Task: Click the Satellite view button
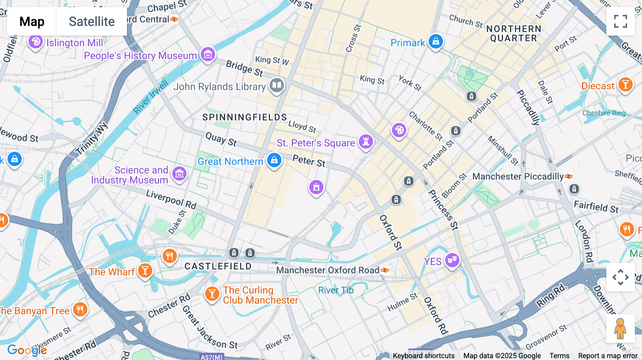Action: pos(92,22)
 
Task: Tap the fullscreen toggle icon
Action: pos(620,21)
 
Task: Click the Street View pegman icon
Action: pos(620,328)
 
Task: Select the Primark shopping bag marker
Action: pos(435,42)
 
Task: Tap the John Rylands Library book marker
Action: pos(277,85)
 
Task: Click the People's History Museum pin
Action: pos(208,55)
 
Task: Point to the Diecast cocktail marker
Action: pos(625,85)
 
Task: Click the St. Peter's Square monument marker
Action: pos(366,142)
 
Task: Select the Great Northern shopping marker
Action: pos(274,160)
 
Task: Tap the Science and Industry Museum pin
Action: pos(179,174)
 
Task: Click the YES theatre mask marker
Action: pos(452,260)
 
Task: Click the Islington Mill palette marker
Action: pos(36,42)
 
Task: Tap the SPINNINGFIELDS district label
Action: pos(245,117)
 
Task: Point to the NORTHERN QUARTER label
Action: pos(514,34)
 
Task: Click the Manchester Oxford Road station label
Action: pos(328,270)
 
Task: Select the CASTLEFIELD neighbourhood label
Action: pos(218,266)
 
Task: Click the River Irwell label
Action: pos(151,97)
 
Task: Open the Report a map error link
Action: pos(608,356)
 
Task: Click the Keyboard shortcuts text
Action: pos(423,356)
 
